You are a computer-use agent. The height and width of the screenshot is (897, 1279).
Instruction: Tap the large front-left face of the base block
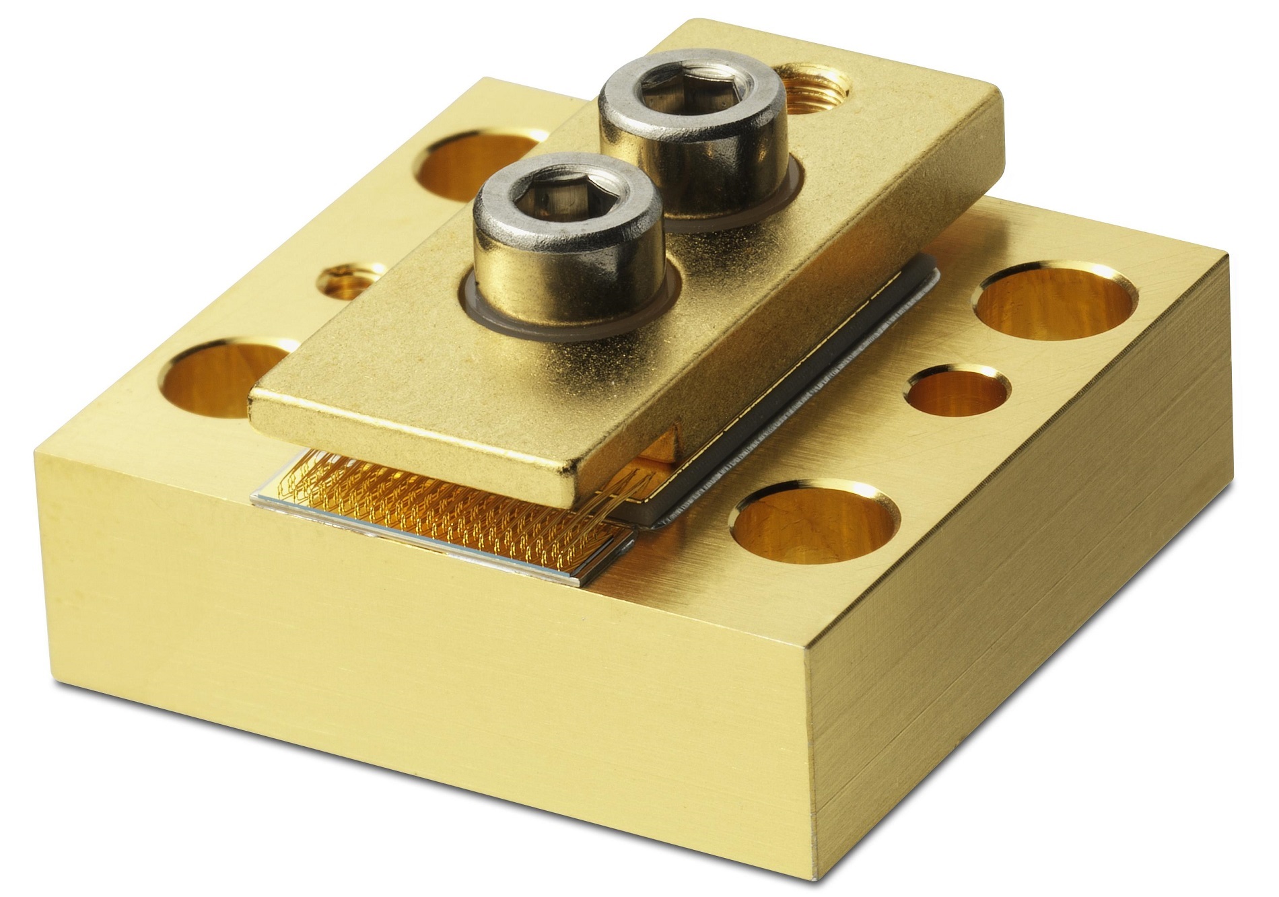coord(404,673)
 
